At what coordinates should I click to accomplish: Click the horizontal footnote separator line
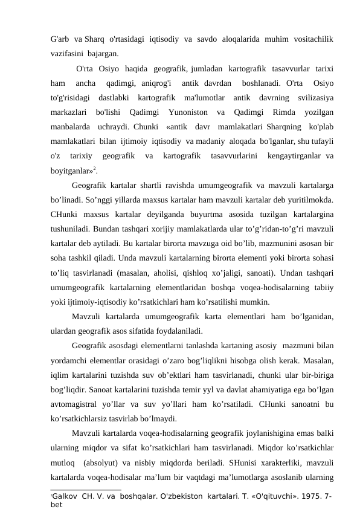pos(86,490)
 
